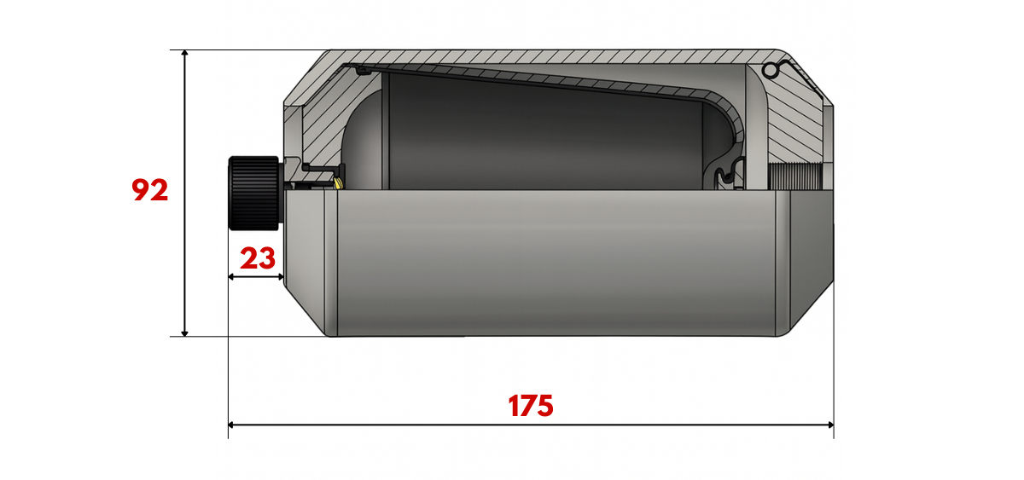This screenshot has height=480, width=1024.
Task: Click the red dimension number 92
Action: coord(150,190)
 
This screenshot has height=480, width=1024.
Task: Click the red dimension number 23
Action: coord(258,258)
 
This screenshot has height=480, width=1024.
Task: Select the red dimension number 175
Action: coord(530,406)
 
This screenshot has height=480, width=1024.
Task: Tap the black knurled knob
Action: coord(253,194)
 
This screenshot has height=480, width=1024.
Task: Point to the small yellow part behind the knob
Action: coord(339,182)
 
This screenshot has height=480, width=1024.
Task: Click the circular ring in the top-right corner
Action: coord(770,70)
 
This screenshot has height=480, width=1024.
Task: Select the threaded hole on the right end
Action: coord(795,176)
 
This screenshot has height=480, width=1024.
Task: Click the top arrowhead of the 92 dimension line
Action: coord(184,53)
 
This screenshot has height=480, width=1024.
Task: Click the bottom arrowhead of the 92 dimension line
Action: coord(184,333)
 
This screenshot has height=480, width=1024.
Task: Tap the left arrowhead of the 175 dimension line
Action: coord(231,425)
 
